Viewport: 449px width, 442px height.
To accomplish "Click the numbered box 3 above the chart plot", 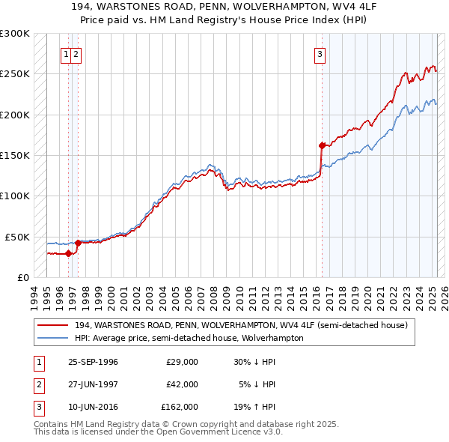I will tap(320, 54).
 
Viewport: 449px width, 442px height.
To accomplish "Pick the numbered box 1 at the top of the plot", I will tap(67, 54).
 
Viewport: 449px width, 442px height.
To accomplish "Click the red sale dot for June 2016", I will tap(322, 145).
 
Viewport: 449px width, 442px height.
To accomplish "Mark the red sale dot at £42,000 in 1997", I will tap(78, 243).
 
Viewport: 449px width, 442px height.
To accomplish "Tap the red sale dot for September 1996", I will tap(68, 253).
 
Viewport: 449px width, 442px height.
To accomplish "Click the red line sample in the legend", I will tap(52, 325).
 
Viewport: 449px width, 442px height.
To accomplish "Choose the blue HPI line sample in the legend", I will tap(52, 338).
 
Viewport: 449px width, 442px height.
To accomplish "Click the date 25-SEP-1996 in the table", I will tap(93, 362).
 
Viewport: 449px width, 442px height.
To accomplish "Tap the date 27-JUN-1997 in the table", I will tap(93, 384).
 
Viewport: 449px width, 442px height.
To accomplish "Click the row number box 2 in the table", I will tap(37, 384).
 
